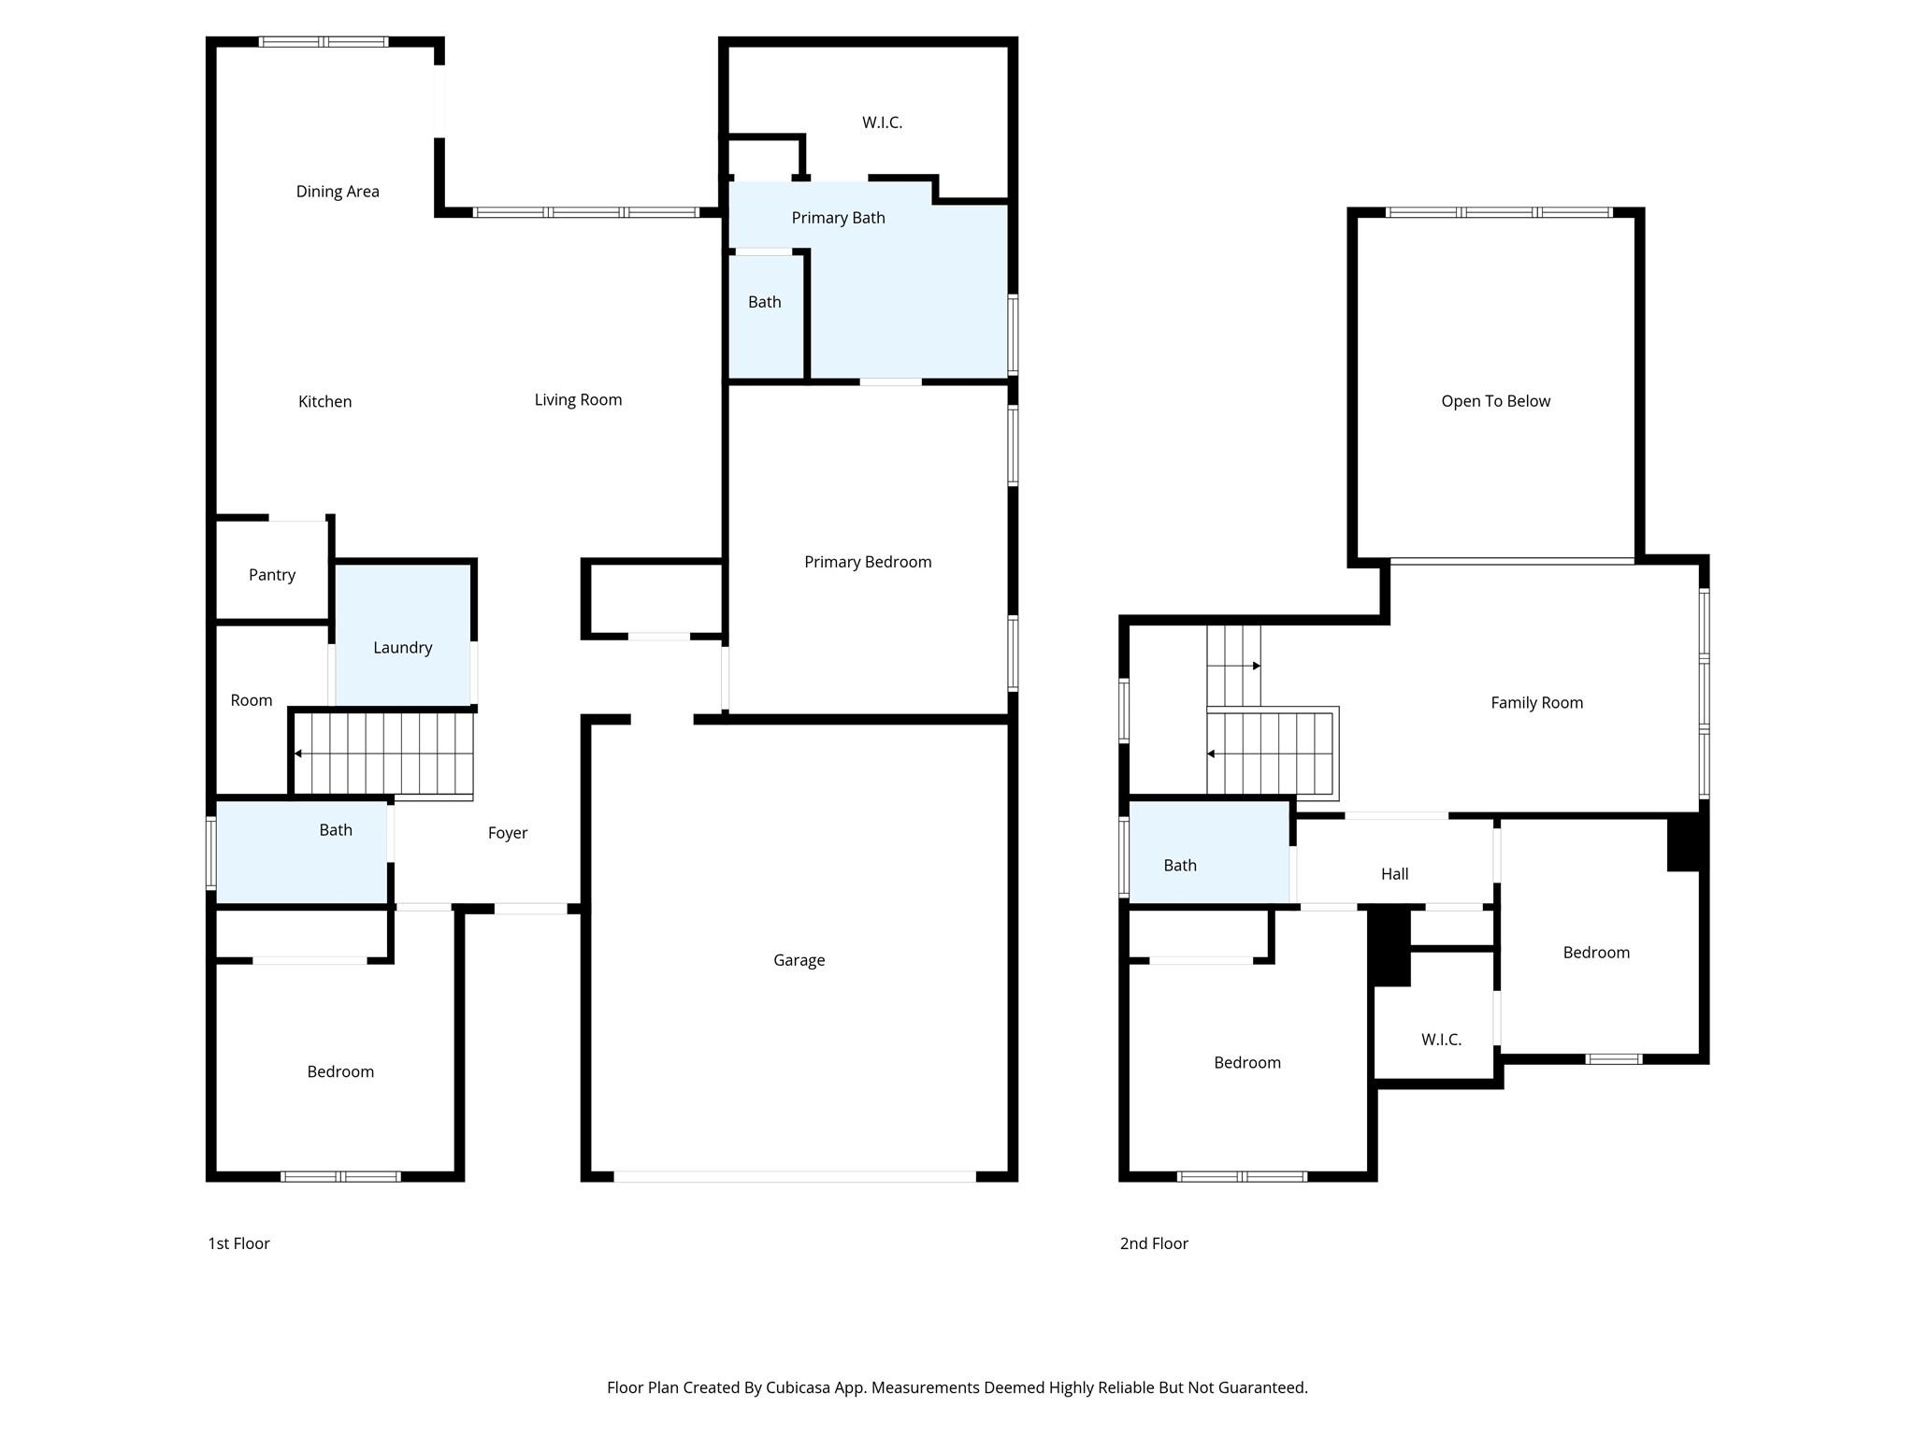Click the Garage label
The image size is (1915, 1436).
799,960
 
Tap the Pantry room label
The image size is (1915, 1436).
272,575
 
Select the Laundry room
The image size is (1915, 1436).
402,647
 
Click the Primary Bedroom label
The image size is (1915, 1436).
868,562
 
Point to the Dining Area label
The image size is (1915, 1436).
338,192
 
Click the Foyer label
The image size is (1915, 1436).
508,833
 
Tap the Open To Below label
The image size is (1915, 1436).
1495,401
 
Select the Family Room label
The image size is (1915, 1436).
1536,703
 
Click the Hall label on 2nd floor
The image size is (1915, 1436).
1394,874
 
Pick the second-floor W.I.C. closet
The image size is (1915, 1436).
1441,1040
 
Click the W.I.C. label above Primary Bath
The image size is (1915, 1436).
882,122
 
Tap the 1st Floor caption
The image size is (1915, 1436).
238,1243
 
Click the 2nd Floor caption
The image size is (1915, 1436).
1154,1243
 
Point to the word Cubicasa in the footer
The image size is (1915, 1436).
799,1387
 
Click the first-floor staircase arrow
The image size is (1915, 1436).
298,754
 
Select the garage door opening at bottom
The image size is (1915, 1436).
795,1176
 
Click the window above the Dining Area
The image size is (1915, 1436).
323,42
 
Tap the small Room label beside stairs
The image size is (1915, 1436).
252,700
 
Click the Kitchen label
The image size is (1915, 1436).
324,402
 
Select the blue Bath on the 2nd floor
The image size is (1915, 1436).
1180,866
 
